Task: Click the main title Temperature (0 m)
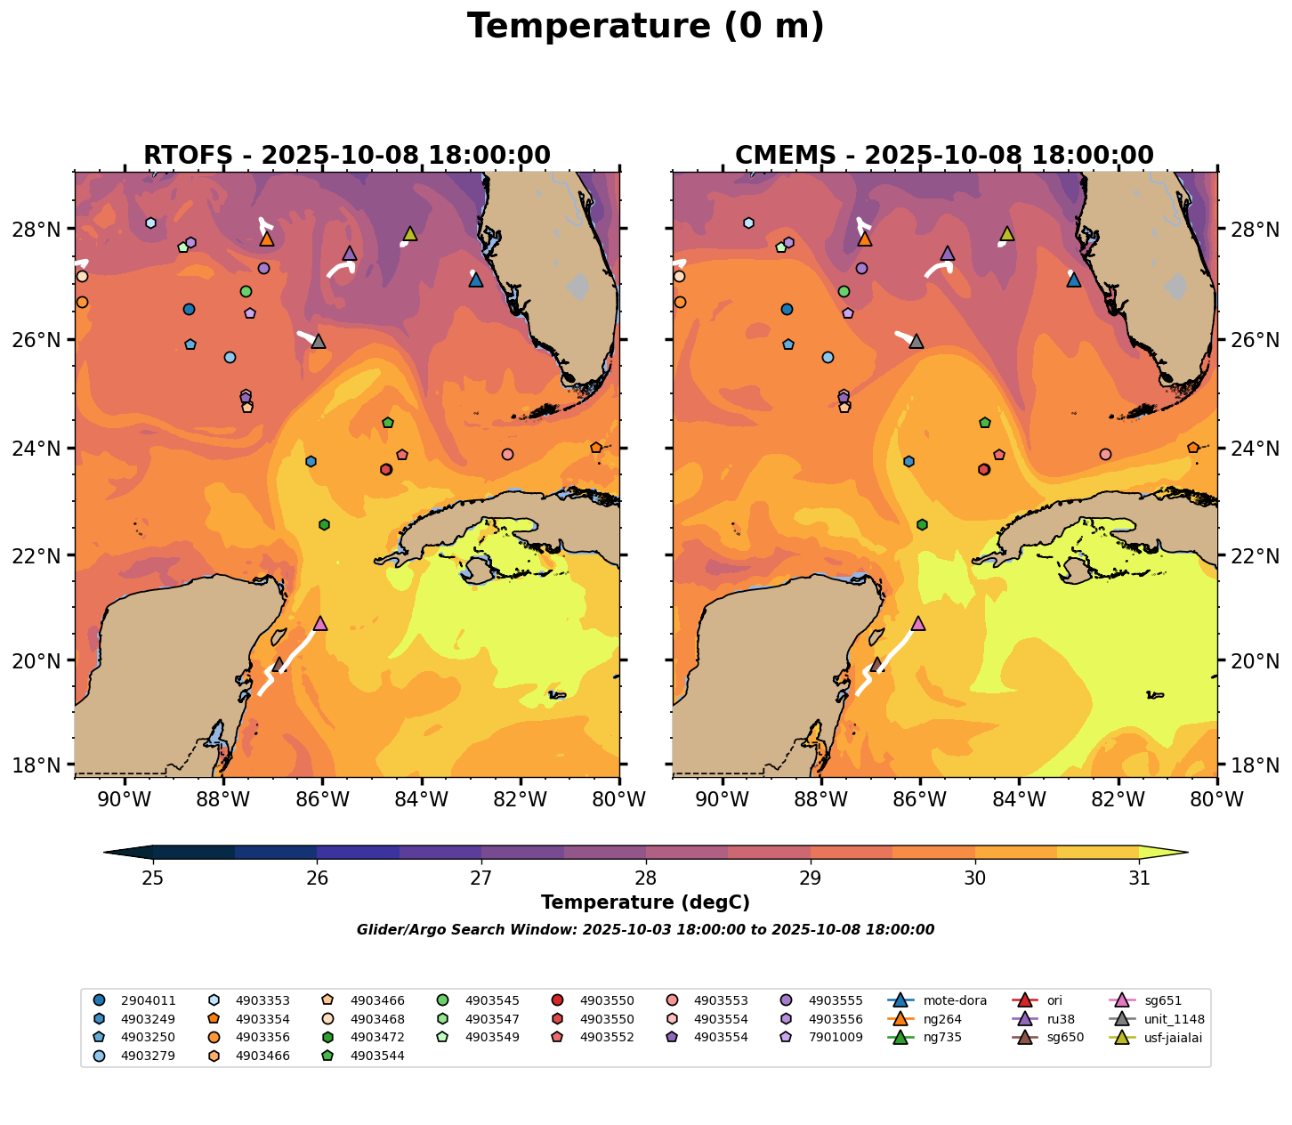[645, 27]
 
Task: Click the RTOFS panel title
[347, 156]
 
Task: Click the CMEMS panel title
[944, 156]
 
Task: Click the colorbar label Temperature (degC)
[645, 902]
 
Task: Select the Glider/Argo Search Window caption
[645, 930]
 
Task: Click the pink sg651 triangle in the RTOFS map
[320, 624]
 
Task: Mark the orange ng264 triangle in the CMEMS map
[864, 239]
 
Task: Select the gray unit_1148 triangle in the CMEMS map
[917, 341]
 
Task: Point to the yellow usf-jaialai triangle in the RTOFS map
[410, 234]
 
